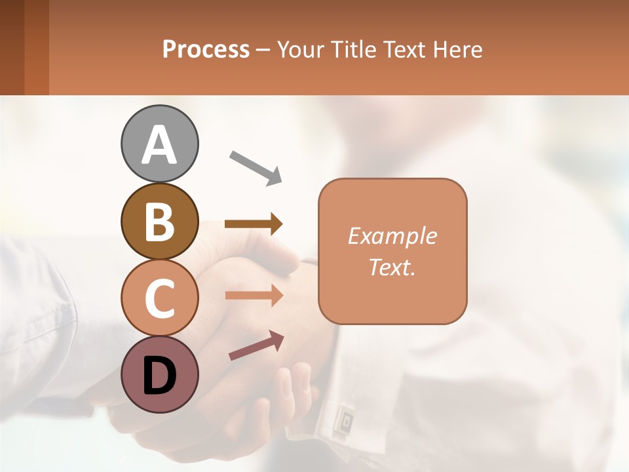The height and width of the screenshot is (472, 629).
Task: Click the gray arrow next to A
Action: pyautogui.click(x=256, y=168)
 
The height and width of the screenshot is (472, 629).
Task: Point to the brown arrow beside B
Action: pyautogui.click(x=254, y=224)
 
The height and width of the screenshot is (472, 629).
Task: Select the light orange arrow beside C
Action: pyautogui.click(x=254, y=296)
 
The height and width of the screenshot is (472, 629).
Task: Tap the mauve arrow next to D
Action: pyautogui.click(x=256, y=345)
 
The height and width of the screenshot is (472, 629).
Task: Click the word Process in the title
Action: pyautogui.click(x=206, y=49)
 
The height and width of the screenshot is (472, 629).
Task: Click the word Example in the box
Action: pyautogui.click(x=392, y=236)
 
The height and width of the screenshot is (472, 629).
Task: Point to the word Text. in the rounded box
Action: pyautogui.click(x=392, y=267)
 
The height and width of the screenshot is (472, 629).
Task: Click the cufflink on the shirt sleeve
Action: pyautogui.click(x=343, y=417)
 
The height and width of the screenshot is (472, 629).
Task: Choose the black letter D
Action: pyautogui.click(x=160, y=375)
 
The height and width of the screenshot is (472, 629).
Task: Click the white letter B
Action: pyautogui.click(x=160, y=221)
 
